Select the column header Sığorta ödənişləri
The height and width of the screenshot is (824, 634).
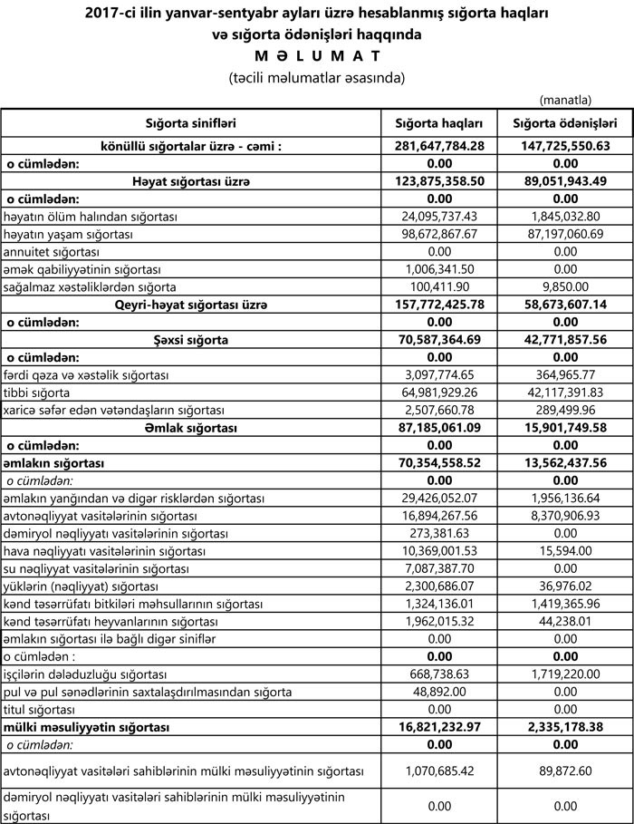tap(565, 123)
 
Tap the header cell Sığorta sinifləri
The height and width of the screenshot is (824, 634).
tap(190, 123)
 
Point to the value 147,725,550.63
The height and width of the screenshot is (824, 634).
tap(565, 145)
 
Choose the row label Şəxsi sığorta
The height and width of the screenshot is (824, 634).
tap(190, 340)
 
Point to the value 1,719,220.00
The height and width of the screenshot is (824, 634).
tap(565, 674)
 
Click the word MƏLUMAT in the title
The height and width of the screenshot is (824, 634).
tap(316, 57)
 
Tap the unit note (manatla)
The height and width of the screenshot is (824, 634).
tap(564, 99)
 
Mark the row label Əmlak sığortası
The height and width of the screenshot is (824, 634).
tap(190, 428)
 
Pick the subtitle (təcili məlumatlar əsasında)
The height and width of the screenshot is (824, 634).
tap(316, 78)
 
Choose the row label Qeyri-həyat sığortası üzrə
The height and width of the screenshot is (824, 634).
tap(190, 305)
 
